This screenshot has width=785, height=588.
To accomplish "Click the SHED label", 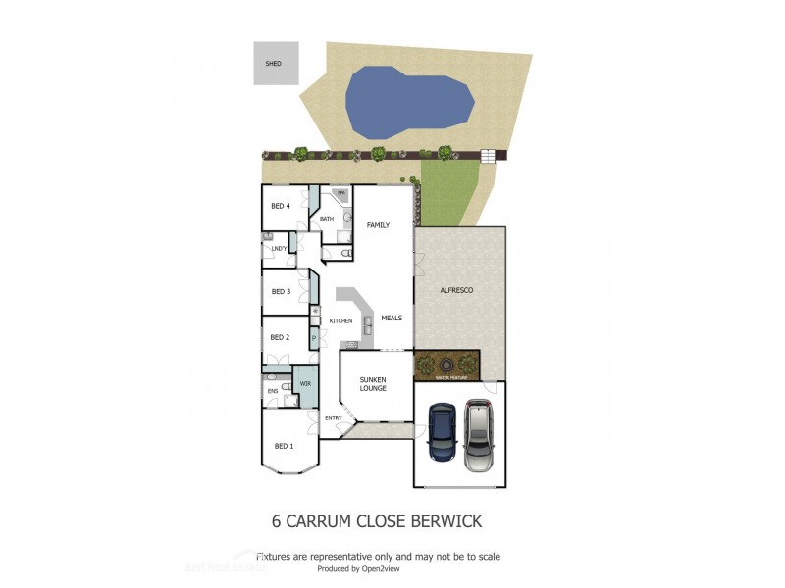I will [273, 64].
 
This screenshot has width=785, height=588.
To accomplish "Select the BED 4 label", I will [281, 206].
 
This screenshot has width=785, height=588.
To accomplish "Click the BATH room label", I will [327, 219].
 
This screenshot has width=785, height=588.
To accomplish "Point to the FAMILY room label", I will [378, 225].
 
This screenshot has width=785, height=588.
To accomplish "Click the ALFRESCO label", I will [456, 291].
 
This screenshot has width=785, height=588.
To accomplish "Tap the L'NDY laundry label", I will [279, 249].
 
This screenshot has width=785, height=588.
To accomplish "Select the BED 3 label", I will [281, 292].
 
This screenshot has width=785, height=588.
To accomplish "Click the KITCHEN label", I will [340, 321].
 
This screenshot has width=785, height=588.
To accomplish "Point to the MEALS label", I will [392, 318].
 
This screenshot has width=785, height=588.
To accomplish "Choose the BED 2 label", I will [281, 337].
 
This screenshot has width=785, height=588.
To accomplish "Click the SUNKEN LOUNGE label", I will [373, 383].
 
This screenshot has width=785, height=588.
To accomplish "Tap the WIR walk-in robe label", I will [306, 383].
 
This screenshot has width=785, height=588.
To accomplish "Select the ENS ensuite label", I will [273, 391].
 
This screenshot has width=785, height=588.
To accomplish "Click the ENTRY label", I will [334, 418].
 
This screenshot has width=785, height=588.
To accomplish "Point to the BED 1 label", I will [284, 446].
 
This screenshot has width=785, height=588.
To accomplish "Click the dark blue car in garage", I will [443, 434].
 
